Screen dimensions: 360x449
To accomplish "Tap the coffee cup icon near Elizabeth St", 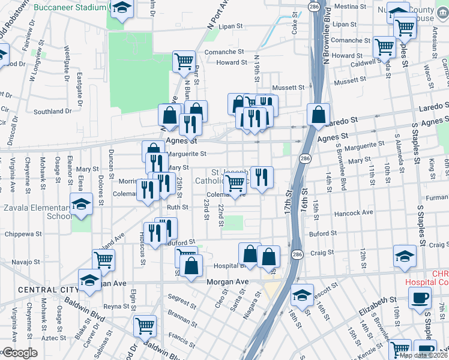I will click(x=420, y=298).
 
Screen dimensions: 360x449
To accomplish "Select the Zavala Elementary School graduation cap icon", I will click(x=81, y=205).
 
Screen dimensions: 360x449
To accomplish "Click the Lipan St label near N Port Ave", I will click(x=231, y=26).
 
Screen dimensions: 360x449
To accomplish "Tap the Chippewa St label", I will click(x=22, y=235).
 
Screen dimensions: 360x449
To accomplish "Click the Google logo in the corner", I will click(x=19, y=353).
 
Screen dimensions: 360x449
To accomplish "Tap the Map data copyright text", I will click(x=423, y=355).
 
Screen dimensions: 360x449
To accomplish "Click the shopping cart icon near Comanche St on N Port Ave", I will click(x=184, y=61).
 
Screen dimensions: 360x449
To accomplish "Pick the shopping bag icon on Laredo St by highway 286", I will click(x=318, y=113).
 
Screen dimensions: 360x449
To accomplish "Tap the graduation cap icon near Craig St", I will click(x=405, y=256).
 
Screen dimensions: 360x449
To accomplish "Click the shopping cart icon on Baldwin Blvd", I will click(x=145, y=326).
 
